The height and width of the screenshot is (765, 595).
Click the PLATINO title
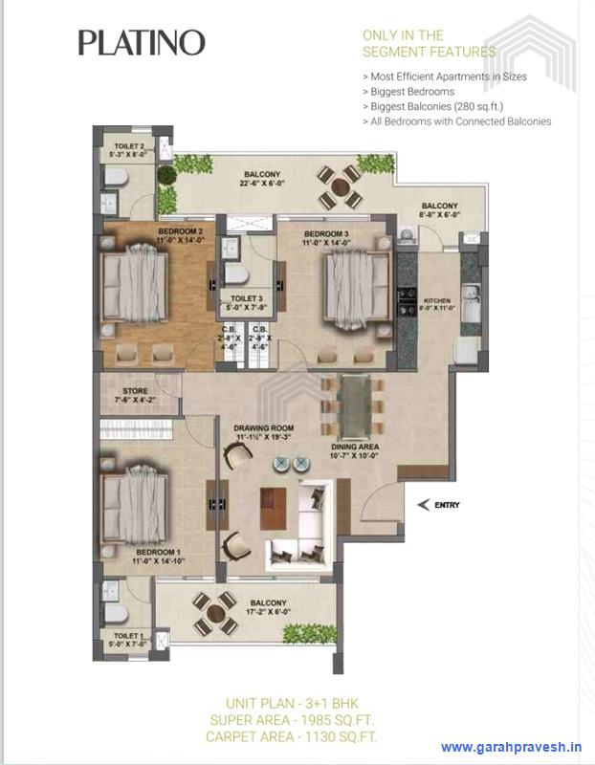point(142,42)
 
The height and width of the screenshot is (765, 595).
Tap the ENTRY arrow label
point(436,504)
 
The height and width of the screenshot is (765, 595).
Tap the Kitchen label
point(435,302)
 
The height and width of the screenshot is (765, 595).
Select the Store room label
point(132,393)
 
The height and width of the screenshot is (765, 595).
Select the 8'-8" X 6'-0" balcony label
point(439,210)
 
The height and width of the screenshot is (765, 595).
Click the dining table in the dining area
point(354,403)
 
